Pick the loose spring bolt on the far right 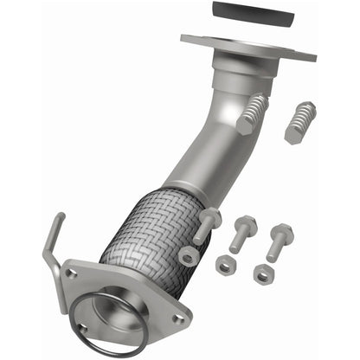299,121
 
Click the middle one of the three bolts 244,232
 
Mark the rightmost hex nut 264,273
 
